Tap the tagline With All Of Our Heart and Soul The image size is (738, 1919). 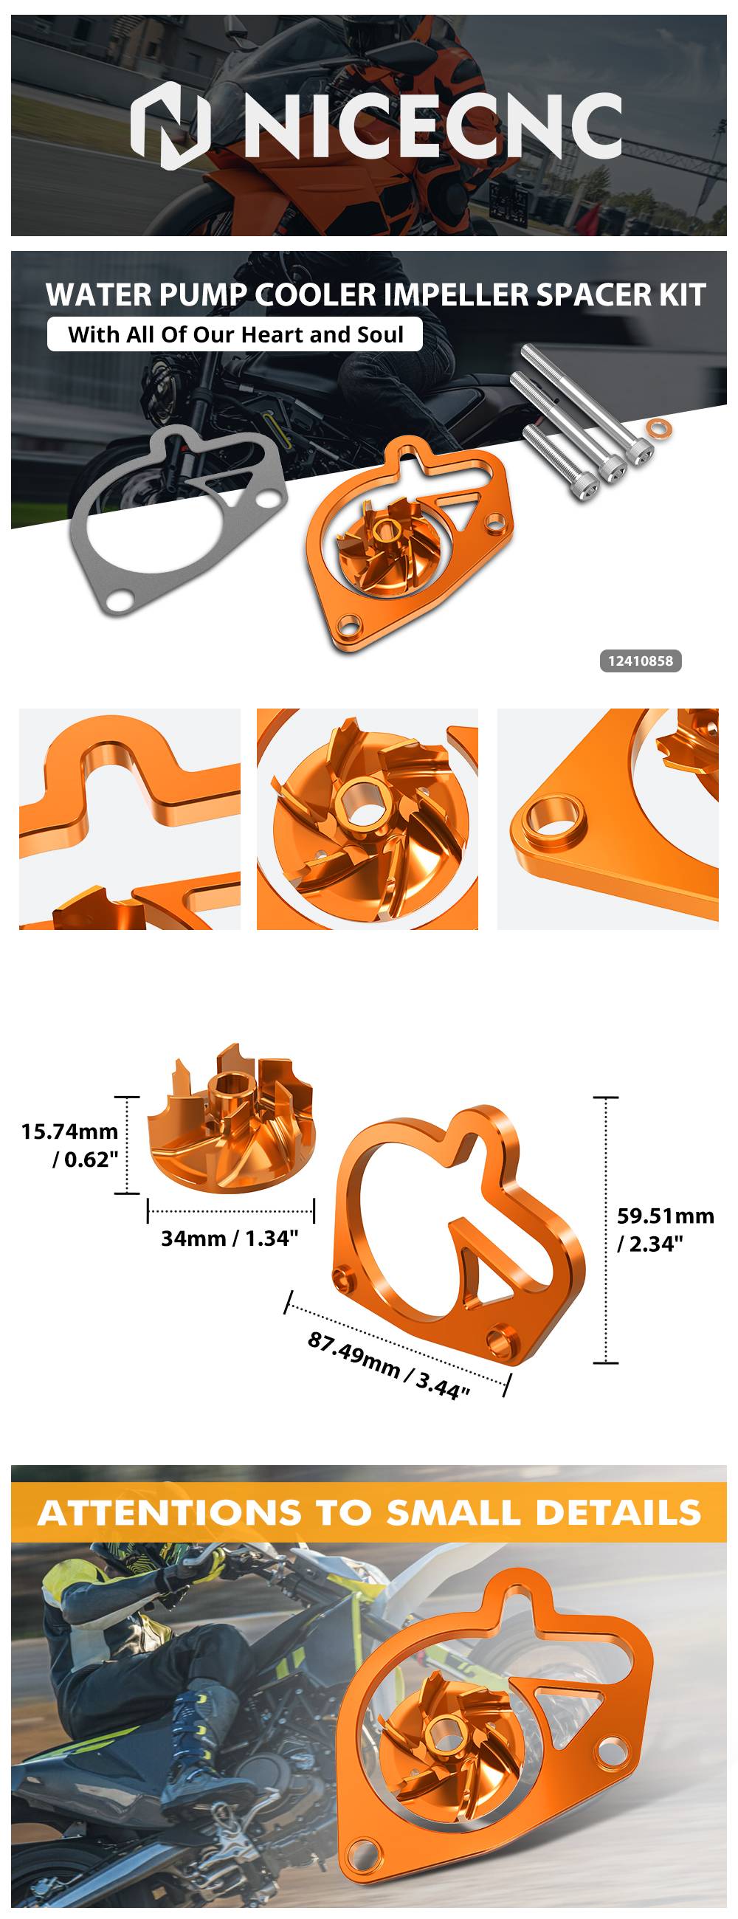[x=235, y=334]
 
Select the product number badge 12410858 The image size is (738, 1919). [x=641, y=661]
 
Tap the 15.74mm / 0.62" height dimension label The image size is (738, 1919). [x=70, y=1145]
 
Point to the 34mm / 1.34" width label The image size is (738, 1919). [x=230, y=1238]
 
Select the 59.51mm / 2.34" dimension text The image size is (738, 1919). [x=665, y=1229]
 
